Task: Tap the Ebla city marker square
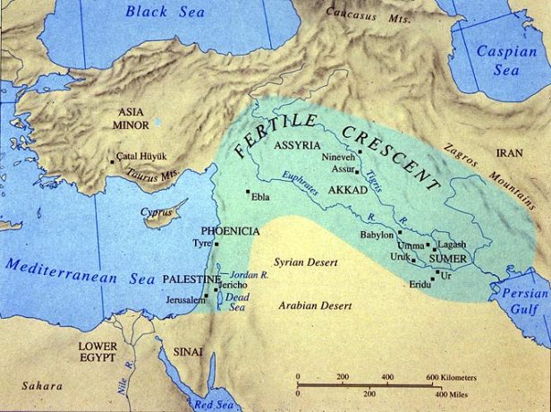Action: (248, 191)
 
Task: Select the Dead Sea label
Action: (235, 302)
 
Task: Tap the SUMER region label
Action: (448, 258)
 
